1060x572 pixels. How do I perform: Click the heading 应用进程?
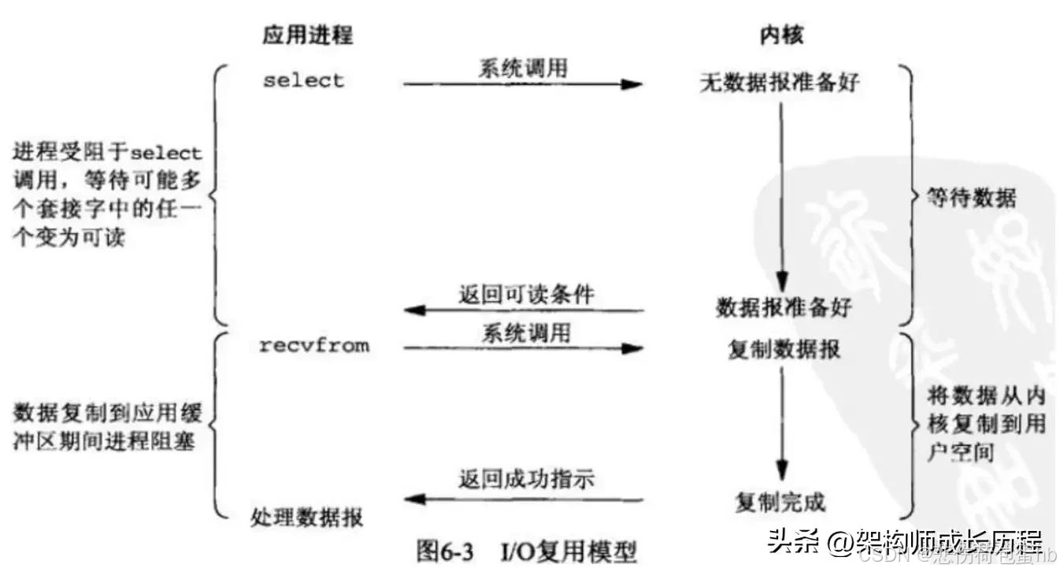[307, 35]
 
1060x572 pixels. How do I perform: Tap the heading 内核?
[781, 35]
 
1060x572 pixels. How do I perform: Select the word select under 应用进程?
[304, 80]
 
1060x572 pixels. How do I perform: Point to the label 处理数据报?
[307, 518]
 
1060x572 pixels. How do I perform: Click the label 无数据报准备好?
[780, 83]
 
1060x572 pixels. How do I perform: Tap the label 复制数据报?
[784, 349]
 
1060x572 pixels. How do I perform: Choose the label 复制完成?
[780, 501]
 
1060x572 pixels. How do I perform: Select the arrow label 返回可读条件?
[526, 295]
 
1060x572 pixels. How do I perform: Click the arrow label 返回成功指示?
[526, 479]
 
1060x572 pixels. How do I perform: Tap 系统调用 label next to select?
[522, 68]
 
